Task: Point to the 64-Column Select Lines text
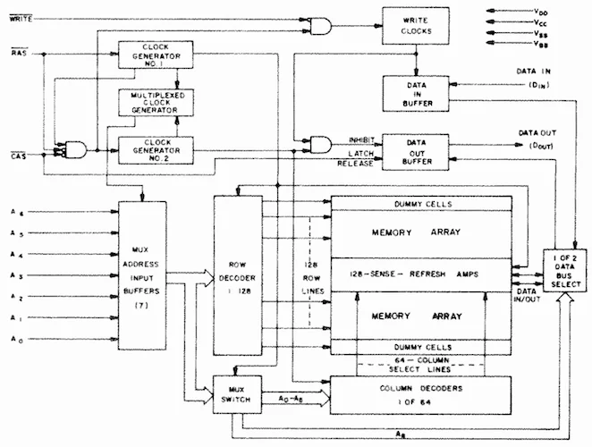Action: coord(420,364)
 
